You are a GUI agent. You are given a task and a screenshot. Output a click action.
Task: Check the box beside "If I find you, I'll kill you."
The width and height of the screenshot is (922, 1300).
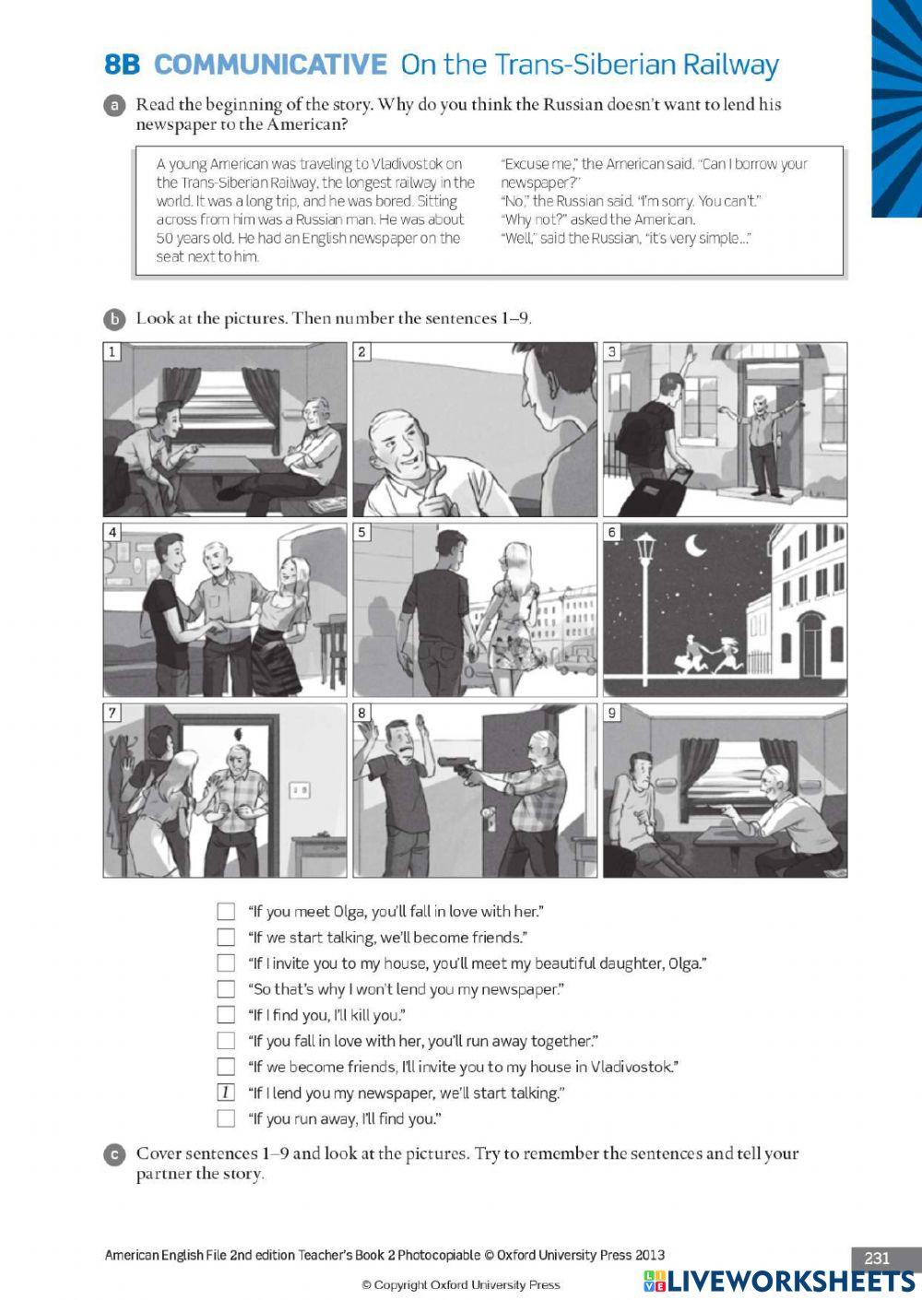click(x=226, y=1015)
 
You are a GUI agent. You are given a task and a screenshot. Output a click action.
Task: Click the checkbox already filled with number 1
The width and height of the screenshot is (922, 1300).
click(x=226, y=1093)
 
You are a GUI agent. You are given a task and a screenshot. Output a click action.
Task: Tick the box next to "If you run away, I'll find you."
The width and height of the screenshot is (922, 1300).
click(x=226, y=1118)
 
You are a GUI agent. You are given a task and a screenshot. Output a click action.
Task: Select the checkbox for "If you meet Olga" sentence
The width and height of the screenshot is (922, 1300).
click(x=226, y=912)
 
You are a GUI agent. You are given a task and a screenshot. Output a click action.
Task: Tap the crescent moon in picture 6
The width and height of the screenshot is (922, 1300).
click(x=695, y=547)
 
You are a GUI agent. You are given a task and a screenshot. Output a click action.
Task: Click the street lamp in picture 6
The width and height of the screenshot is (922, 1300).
click(x=645, y=590)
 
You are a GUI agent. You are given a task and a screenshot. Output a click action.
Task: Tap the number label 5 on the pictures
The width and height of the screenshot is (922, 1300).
click(x=362, y=532)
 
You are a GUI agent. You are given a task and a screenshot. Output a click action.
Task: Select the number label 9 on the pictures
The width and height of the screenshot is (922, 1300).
click(x=612, y=713)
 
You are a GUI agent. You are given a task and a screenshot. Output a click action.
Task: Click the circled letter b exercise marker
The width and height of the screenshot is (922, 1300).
click(x=113, y=319)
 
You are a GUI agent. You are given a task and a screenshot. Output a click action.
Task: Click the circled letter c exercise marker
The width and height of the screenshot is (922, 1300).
click(x=113, y=1154)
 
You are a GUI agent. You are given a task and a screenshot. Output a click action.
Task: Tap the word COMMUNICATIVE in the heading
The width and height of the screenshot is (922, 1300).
click(x=270, y=65)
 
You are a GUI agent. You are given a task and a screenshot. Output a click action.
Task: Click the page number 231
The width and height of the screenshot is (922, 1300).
click(x=877, y=1259)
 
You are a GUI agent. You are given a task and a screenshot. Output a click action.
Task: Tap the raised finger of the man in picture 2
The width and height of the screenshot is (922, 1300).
click(x=439, y=479)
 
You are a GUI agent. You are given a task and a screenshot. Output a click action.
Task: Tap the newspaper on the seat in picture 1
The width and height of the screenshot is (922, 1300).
click(x=326, y=505)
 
